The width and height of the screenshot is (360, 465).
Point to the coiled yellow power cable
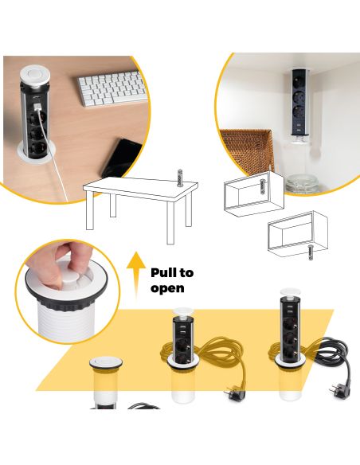coord(223,351)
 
